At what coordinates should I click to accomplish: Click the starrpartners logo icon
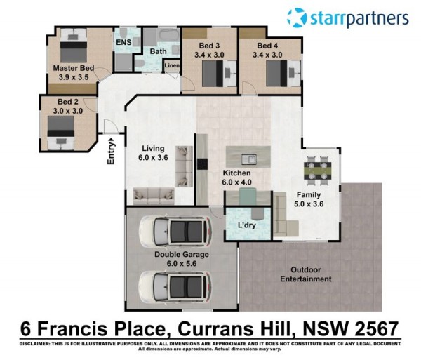pos(297,18)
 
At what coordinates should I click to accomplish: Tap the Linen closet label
pos(172,65)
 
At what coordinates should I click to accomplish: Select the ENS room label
pos(123,42)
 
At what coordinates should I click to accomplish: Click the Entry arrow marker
pos(112,140)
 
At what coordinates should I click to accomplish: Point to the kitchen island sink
pos(248,159)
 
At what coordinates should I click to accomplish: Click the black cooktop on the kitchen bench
pos(202,164)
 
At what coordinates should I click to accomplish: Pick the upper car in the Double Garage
pos(175,232)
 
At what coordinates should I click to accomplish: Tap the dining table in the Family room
pos(318,171)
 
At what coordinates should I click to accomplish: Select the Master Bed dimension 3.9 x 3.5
pos(74,77)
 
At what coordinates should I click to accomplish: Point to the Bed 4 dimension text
pos(267,55)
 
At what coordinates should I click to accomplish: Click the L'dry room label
pos(247,225)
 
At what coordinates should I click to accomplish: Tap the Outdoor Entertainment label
pos(306,274)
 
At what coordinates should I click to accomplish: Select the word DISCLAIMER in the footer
pos(34,344)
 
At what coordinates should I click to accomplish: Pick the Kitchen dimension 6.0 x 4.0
pos(237,182)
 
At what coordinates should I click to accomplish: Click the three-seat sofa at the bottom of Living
pos(154,196)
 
